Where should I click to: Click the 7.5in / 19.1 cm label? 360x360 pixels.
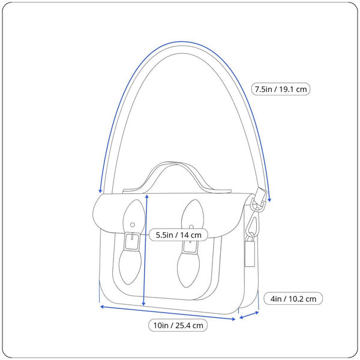click(x=281, y=89)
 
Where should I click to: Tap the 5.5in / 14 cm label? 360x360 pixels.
click(x=179, y=235)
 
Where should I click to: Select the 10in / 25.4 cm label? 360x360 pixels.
click(x=178, y=326)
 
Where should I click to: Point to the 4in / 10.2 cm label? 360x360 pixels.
click(x=293, y=298)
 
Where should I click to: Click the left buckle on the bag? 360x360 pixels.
click(x=132, y=242)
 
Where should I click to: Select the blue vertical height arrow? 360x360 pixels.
click(x=146, y=252)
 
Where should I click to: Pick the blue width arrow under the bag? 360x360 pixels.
click(x=167, y=313)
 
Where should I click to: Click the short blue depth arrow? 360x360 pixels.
click(x=248, y=314)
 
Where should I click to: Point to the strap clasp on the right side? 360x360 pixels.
click(x=260, y=202)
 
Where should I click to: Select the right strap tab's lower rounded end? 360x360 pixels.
click(x=191, y=273)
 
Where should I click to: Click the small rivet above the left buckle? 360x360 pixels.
click(x=132, y=225)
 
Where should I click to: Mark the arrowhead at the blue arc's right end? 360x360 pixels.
click(x=269, y=199)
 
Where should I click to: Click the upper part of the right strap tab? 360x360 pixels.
click(x=193, y=213)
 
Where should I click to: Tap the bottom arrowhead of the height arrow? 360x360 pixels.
click(x=144, y=304)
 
